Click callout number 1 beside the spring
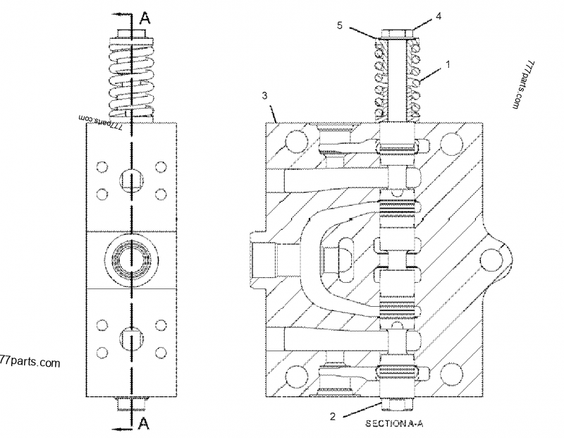click(x=447, y=64)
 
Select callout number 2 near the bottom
click(x=332, y=415)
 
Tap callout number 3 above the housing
click(x=265, y=94)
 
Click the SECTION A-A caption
click(x=393, y=425)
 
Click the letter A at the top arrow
click(x=145, y=18)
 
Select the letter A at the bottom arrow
click(x=143, y=422)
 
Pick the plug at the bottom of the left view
click(x=129, y=404)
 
